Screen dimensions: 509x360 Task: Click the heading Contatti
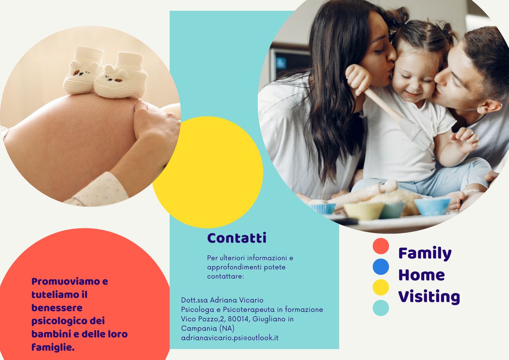pyautogui.click(x=237, y=238)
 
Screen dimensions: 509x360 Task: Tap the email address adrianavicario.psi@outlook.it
pyautogui.click(x=230, y=338)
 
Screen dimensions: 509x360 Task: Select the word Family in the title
pyautogui.click(x=425, y=253)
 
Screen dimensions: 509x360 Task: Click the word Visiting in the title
pyautogui.click(x=429, y=297)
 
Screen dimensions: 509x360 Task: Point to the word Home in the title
pyautogui.click(x=422, y=275)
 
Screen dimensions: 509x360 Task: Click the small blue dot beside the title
pyautogui.click(x=381, y=267)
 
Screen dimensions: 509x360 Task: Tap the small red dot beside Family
pyautogui.click(x=381, y=246)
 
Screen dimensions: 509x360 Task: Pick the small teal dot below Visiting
pyautogui.click(x=381, y=308)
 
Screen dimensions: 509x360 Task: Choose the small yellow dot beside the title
pyautogui.click(x=381, y=287)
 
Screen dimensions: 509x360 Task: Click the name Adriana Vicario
pyautogui.click(x=237, y=300)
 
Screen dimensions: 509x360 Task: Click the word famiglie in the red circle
pyautogui.click(x=53, y=348)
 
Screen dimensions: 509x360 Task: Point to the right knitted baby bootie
pyautogui.click(x=121, y=76)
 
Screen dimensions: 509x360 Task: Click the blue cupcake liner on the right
pyautogui.click(x=432, y=206)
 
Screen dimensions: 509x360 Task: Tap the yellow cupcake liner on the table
pyautogui.click(x=363, y=211)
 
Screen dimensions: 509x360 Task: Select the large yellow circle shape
pyautogui.click(x=208, y=172)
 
